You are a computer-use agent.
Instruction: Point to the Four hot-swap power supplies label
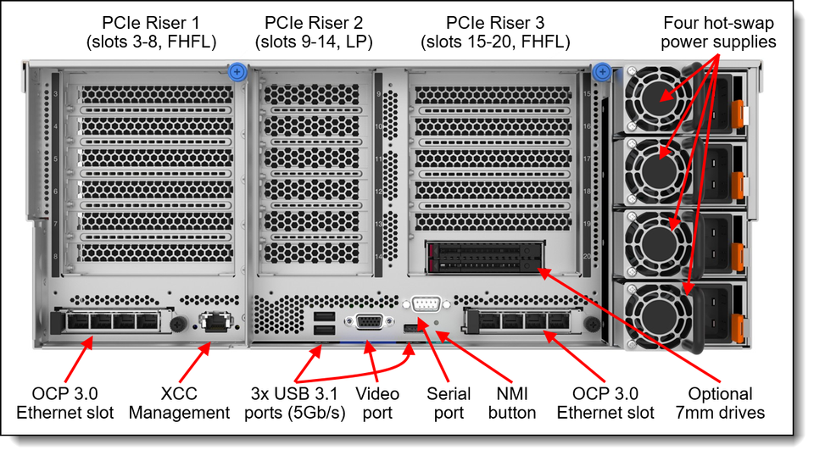pos(718,31)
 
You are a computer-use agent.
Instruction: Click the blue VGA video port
pos(369,322)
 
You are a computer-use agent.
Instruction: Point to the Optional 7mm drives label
pos(720,403)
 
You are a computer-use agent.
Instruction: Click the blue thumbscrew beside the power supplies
pos(603,73)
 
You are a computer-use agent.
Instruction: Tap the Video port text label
pos(377,403)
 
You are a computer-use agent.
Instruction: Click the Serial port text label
pos(449,403)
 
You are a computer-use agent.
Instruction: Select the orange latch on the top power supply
pos(737,109)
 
